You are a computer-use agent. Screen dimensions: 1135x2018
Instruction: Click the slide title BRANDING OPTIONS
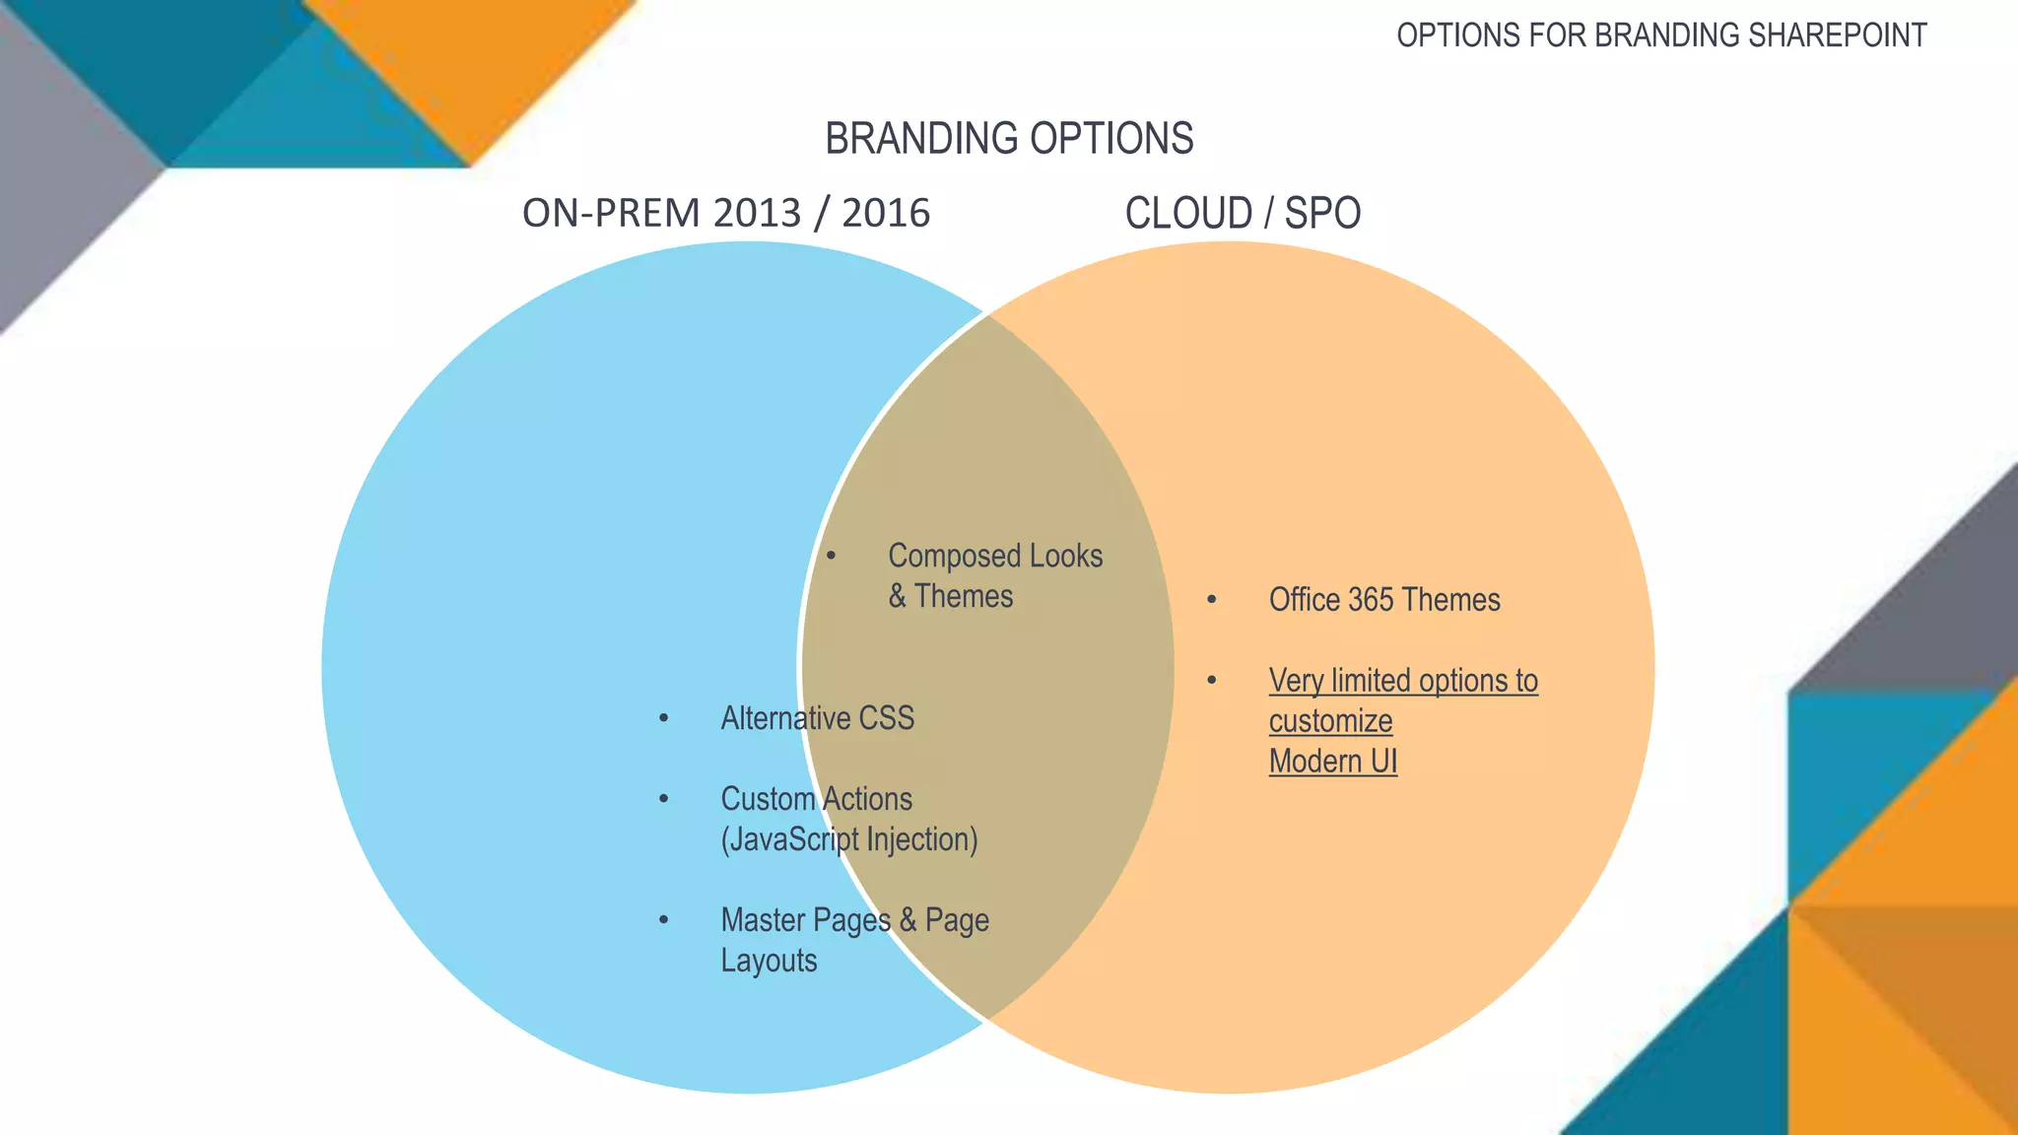point(1009,139)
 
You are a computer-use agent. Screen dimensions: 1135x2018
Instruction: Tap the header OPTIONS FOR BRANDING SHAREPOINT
point(1661,35)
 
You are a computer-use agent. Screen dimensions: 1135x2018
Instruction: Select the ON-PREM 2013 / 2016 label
point(725,214)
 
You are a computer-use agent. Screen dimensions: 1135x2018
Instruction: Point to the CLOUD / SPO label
point(1243,214)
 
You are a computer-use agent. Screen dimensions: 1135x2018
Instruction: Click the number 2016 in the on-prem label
point(886,214)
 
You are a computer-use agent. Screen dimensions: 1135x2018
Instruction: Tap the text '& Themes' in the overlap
point(950,597)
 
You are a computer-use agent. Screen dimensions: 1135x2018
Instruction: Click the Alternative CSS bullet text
point(817,718)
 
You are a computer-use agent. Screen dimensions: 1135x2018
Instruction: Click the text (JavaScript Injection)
point(849,839)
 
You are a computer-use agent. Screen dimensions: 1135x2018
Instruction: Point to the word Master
point(764,920)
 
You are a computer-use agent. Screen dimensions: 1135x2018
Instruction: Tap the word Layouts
point(769,961)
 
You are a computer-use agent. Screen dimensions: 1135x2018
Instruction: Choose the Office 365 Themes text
point(1383,600)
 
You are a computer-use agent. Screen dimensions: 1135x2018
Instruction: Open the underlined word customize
point(1330,721)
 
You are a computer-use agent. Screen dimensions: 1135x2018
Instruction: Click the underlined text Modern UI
point(1332,762)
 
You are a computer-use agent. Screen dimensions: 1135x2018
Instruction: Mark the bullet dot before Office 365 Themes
point(1211,599)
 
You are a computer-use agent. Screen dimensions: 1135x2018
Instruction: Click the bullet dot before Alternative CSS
point(663,718)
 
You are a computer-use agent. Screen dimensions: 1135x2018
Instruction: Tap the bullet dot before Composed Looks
point(831,557)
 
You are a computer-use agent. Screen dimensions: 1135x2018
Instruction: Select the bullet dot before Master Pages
point(663,920)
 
